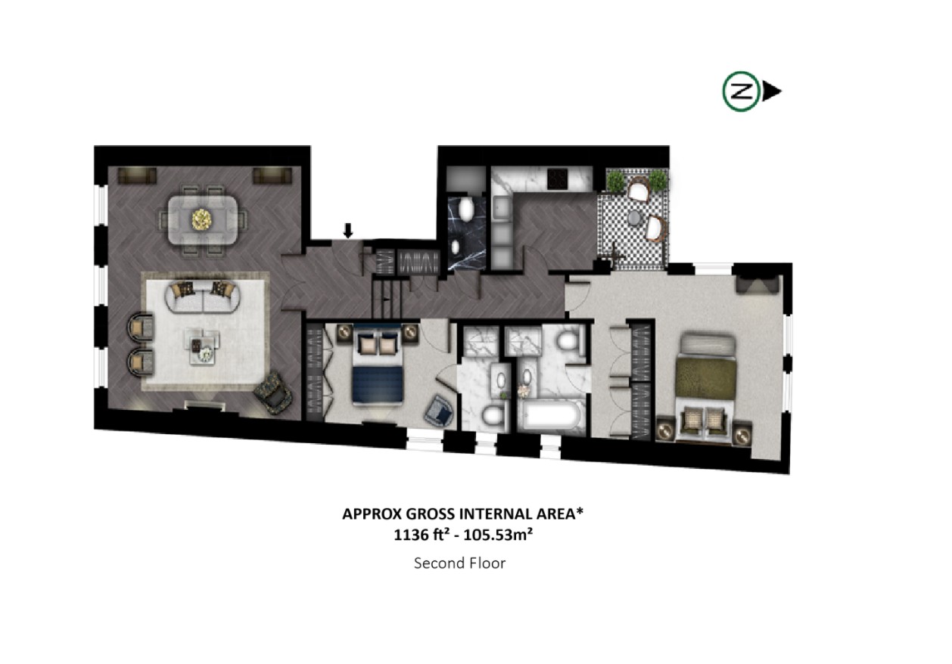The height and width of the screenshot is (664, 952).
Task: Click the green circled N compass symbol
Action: tap(742, 92)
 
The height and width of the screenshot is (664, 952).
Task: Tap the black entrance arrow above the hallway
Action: tap(347, 230)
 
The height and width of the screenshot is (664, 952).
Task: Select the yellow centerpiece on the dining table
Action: tap(203, 220)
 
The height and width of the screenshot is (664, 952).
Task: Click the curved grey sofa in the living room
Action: tap(203, 298)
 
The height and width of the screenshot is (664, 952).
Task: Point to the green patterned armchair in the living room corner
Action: tap(272, 396)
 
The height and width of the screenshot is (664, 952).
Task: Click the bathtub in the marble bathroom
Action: tap(550, 416)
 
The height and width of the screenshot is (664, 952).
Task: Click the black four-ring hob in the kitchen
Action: tap(558, 179)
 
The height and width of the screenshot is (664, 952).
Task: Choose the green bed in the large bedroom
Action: tap(705, 377)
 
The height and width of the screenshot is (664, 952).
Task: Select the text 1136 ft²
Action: tap(418, 536)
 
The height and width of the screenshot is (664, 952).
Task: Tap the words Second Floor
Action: tap(459, 563)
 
